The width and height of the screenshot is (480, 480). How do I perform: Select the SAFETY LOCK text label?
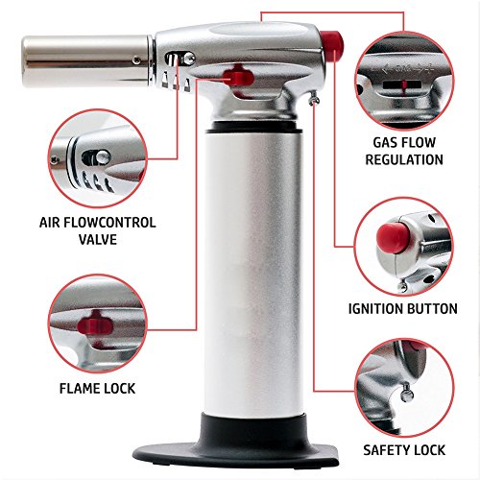pyautogui.click(x=402, y=447)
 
